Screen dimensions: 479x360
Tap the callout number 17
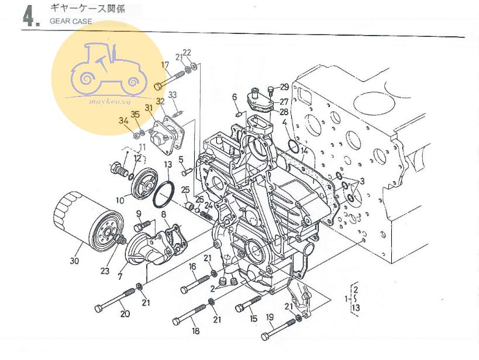(165, 65)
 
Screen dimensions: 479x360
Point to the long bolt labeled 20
(115, 300)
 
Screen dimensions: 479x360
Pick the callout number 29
(284, 87)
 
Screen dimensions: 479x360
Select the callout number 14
(304, 151)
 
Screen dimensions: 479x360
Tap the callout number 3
(362, 181)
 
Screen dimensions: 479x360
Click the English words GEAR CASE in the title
(71, 22)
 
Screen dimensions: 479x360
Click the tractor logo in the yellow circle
(108, 69)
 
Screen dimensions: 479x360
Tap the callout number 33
(173, 95)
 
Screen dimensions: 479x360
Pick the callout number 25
(185, 191)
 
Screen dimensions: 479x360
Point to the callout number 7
(120, 276)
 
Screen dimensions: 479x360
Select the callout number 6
(235, 97)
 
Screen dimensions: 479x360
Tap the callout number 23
(105, 271)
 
